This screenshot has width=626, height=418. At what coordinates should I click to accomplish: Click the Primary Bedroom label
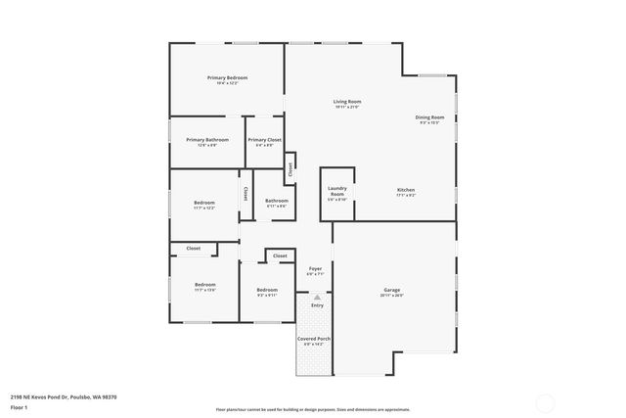pyautogui.click(x=226, y=77)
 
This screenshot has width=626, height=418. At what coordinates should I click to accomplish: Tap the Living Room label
pyautogui.click(x=347, y=102)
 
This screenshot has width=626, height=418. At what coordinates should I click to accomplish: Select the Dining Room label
pyautogui.click(x=429, y=117)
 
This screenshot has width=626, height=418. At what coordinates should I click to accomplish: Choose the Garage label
pyautogui.click(x=392, y=290)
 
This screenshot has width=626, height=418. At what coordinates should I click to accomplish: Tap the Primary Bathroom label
pyautogui.click(x=207, y=140)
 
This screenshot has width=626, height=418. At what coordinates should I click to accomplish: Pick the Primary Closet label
pyautogui.click(x=264, y=140)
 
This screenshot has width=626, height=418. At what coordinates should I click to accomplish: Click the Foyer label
pyautogui.click(x=315, y=268)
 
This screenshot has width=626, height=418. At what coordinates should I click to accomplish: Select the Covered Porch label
pyautogui.click(x=317, y=339)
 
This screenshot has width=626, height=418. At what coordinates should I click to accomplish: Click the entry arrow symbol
pyautogui.click(x=317, y=297)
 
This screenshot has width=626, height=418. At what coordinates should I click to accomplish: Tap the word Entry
pyautogui.click(x=317, y=305)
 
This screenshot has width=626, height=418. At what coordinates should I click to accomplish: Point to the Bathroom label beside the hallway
pyautogui.click(x=276, y=201)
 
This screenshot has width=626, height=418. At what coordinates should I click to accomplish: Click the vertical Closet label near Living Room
pyautogui.click(x=291, y=168)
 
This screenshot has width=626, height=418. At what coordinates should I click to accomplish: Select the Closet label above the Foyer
pyautogui.click(x=280, y=255)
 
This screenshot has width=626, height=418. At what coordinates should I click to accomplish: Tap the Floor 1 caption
pyautogui.click(x=19, y=405)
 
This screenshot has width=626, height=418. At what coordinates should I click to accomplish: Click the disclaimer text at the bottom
pyautogui.click(x=312, y=409)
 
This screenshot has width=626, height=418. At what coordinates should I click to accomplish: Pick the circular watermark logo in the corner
pyautogui.click(x=546, y=400)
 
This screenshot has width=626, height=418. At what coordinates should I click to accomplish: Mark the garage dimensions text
pyautogui.click(x=392, y=295)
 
